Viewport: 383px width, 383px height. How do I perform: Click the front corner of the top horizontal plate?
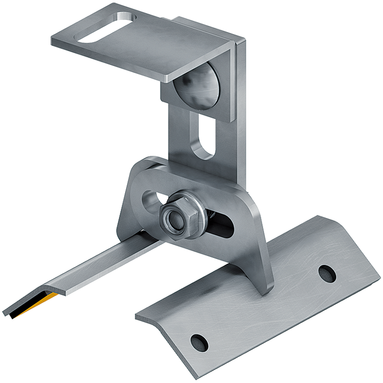[168, 77]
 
